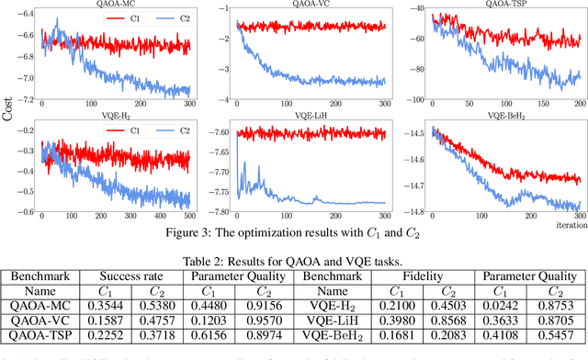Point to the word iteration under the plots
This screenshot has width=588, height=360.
(x=561, y=225)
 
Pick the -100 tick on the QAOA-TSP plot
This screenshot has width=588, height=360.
(x=392, y=98)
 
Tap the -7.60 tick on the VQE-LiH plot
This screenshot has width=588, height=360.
(x=216, y=133)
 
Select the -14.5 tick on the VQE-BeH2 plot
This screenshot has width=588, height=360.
(x=392, y=133)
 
